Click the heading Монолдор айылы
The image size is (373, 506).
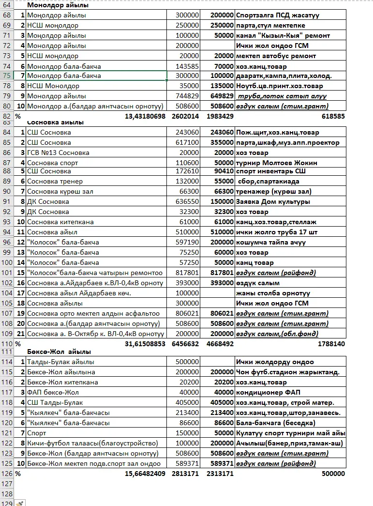click(58, 5)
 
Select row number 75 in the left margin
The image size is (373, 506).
click(6, 76)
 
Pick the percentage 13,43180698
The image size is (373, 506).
click(145, 116)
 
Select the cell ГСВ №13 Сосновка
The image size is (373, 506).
click(58, 153)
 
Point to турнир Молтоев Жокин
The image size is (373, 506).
click(276, 163)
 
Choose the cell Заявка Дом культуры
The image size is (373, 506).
click(273, 201)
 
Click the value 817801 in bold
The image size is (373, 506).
click(222, 273)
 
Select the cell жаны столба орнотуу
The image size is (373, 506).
click(273, 293)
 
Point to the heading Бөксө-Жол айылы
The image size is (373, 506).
click(59, 352)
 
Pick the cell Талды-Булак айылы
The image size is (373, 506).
click(60, 362)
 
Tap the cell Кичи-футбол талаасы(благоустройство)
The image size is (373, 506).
click(92, 443)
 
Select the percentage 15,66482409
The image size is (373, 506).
click(145, 474)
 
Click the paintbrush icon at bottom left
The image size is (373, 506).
click(19, 503)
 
